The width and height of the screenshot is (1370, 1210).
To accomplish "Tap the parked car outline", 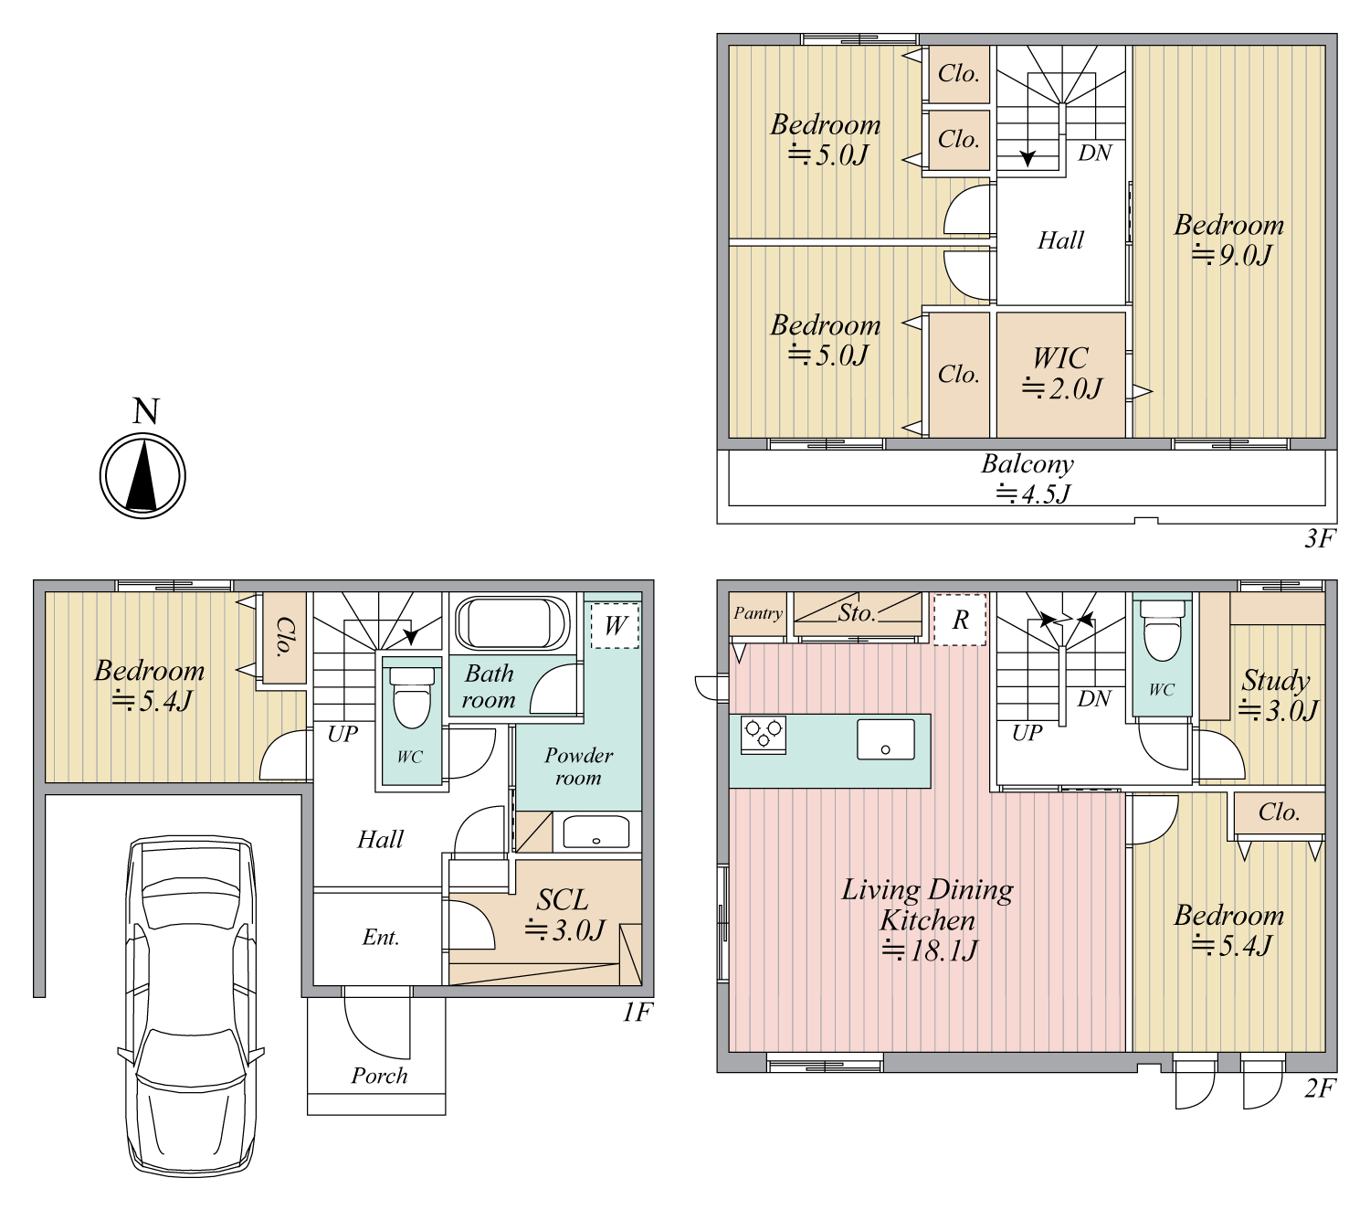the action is [x=192, y=1006].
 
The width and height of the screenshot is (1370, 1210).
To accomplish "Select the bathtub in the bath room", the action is [x=511, y=622].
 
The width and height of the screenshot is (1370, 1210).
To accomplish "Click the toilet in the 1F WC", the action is [x=412, y=697].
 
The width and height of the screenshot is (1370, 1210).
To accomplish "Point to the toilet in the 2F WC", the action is [x=1163, y=631].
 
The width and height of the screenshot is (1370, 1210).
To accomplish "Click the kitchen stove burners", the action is [x=764, y=734].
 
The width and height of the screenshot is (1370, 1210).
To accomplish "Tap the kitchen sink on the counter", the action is [x=886, y=739].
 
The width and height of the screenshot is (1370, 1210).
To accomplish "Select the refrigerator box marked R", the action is [x=960, y=620].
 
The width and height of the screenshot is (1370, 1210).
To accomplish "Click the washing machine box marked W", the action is [x=615, y=625].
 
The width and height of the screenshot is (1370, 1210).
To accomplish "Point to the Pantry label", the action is [x=758, y=613].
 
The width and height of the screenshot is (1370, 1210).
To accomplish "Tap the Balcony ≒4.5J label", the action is [x=1028, y=479].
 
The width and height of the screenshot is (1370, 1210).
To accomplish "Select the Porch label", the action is [x=379, y=1076].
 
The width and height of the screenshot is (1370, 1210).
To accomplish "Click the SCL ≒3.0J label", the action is [x=564, y=915].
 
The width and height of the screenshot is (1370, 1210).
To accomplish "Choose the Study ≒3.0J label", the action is [x=1278, y=695].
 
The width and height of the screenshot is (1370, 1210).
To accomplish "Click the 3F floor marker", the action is [x=1319, y=538].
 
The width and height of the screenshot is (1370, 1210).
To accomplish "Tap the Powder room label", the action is [x=578, y=766].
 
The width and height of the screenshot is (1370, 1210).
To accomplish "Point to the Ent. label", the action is [x=381, y=938].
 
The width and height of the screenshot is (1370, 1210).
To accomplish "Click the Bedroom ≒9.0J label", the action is [x=1228, y=239].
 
